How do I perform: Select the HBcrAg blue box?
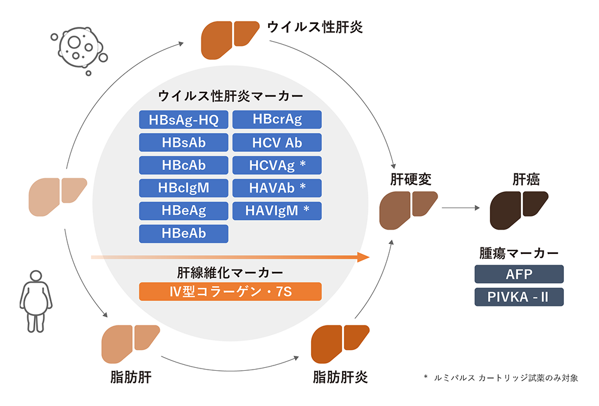pyautogui.click(x=277, y=120)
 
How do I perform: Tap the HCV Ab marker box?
pyautogui.click(x=277, y=142)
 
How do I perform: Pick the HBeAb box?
pyautogui.click(x=184, y=233)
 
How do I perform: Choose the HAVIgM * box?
pyautogui.click(x=277, y=210)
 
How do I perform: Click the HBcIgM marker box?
pyautogui.click(x=184, y=188)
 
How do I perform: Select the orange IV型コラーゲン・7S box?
pyautogui.click(x=230, y=292)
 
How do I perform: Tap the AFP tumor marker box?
pyautogui.click(x=519, y=274)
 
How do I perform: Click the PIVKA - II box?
pyautogui.click(x=519, y=297)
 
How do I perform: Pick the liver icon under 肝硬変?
pyautogui.click(x=409, y=209)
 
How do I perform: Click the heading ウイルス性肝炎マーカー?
pyautogui.click(x=230, y=96)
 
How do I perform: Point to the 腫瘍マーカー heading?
pyautogui.click(x=519, y=253)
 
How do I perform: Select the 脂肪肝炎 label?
pyautogui.click(x=340, y=377)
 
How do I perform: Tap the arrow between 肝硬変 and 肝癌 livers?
pyautogui.click(x=461, y=208)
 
